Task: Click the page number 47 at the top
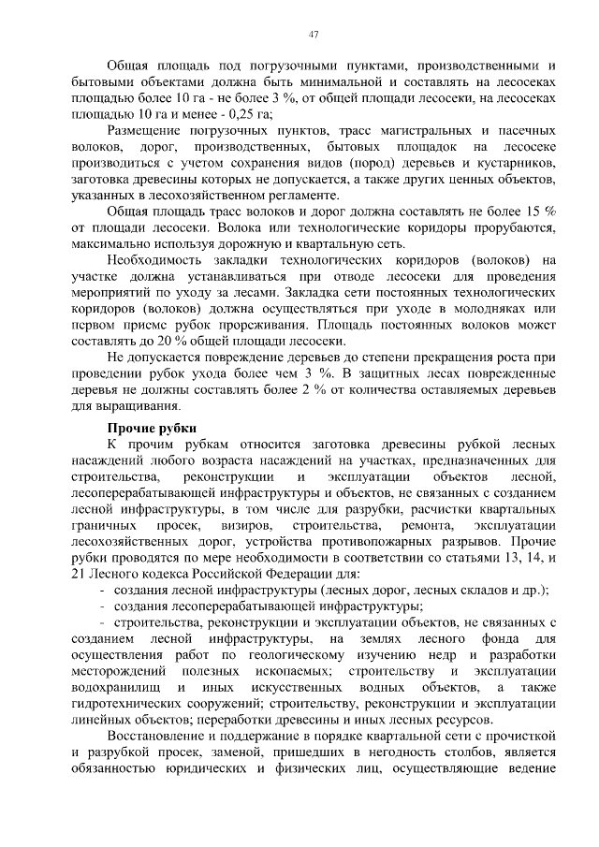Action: (x=314, y=35)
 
